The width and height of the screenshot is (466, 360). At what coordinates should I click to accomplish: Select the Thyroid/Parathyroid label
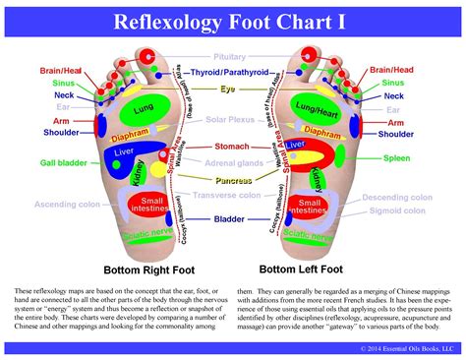232,72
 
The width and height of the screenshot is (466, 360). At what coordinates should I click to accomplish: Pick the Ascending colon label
66,205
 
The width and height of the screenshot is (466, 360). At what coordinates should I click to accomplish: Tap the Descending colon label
397,198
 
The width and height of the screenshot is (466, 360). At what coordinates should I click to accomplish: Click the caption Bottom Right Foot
151,268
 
